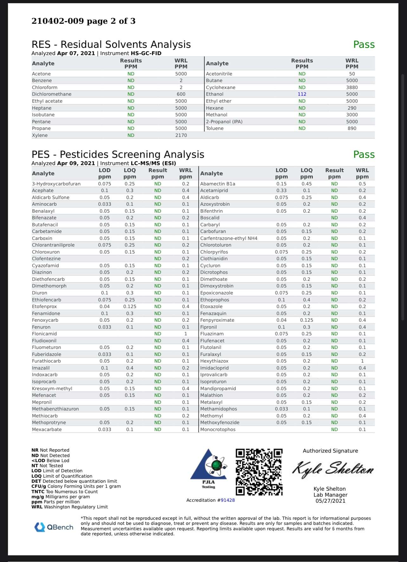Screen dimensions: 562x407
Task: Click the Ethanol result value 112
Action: [302, 94]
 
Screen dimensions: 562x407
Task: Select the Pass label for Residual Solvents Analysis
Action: [364, 45]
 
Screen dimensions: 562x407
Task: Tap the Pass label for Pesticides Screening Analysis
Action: [364, 155]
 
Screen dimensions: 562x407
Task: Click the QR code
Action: [259, 472]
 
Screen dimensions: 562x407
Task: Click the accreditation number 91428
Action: [228, 500]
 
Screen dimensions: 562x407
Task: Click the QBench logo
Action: [54, 527]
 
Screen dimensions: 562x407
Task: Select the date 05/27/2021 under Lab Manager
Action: [330, 501]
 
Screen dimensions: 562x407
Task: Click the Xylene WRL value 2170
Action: [181, 135]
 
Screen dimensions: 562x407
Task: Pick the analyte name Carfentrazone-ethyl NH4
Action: [229, 238]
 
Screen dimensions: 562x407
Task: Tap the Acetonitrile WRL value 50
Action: [352, 74]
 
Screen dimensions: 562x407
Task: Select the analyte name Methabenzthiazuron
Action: [55, 409]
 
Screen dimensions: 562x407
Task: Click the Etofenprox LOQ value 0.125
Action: [130, 307]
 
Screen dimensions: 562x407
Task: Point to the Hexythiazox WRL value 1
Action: [362, 361]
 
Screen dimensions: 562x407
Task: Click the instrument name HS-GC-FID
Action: [146, 53]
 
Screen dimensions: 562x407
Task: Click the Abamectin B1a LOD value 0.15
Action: [281, 184]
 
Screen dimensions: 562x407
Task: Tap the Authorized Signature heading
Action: [330, 451]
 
